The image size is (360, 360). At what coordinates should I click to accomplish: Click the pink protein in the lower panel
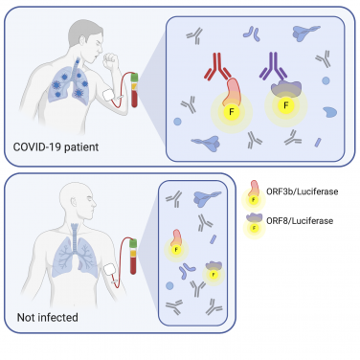pos(179,237)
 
